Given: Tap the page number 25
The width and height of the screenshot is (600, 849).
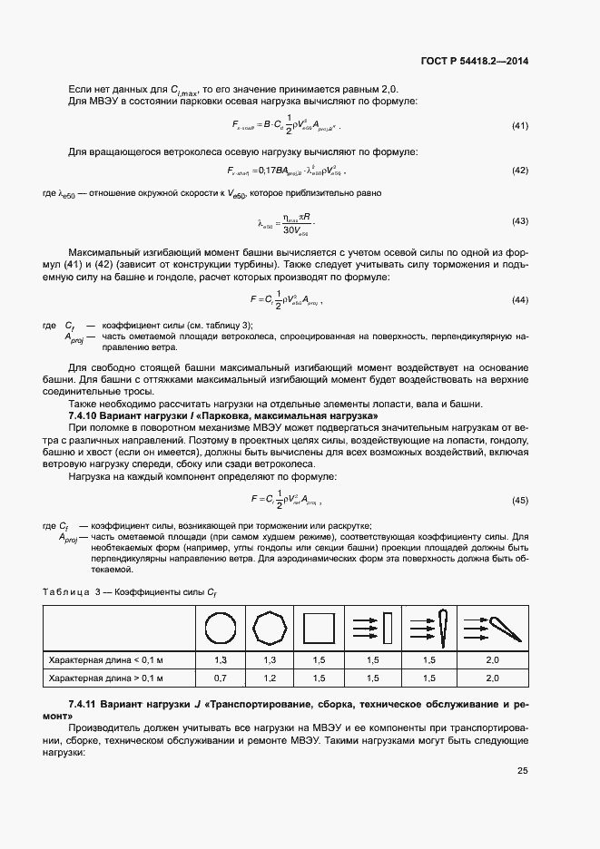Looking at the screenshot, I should pos(522,771).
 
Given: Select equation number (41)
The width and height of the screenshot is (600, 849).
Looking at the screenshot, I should pos(520,125).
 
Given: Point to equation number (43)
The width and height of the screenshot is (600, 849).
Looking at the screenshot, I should pos(520,222).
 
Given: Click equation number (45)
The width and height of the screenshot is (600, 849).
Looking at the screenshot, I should pos(520,500).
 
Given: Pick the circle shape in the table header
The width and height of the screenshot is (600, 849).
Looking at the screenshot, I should pos(220,627).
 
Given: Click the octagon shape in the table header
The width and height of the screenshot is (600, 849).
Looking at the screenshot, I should pos(270,627).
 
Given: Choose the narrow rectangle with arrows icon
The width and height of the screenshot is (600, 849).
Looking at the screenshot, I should pos(373,627).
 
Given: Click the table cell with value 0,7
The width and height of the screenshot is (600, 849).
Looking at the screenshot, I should pos(220,678).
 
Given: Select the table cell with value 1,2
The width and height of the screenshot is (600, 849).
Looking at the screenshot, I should pos(270,678).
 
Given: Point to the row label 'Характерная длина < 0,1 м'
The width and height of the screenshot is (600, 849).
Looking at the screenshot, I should pos(105,659).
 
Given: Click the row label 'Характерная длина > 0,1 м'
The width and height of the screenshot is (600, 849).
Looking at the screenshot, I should pos(105,678).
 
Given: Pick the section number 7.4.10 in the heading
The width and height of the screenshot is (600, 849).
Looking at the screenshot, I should pos(88,415).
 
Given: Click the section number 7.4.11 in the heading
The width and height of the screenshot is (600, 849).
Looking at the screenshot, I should pos(88,704).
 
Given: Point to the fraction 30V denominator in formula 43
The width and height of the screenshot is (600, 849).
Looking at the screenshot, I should pos(284,229).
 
